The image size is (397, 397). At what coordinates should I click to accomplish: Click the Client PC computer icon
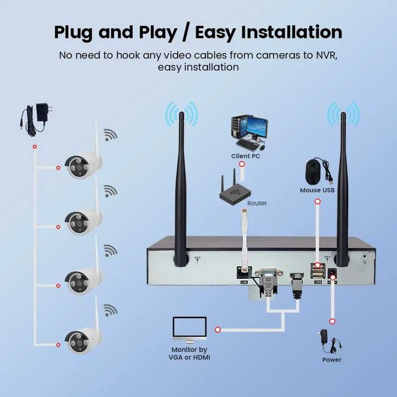248,132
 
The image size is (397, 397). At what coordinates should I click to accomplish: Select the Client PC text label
246,156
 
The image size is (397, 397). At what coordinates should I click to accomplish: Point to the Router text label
257,203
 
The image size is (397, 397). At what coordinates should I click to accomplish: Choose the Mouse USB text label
317,191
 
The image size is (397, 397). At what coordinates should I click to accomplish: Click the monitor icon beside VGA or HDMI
189,330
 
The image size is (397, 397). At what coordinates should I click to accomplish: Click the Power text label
332,360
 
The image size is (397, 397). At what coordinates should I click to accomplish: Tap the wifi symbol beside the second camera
110,191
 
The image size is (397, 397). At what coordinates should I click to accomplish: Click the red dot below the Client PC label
242,164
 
